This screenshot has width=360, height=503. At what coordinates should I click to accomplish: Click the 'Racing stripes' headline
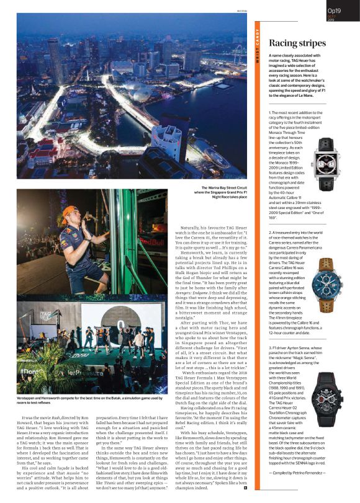[297, 43]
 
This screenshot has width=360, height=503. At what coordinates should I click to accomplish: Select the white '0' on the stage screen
[120, 324]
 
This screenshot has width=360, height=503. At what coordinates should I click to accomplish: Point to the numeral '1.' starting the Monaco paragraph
[271, 112]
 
